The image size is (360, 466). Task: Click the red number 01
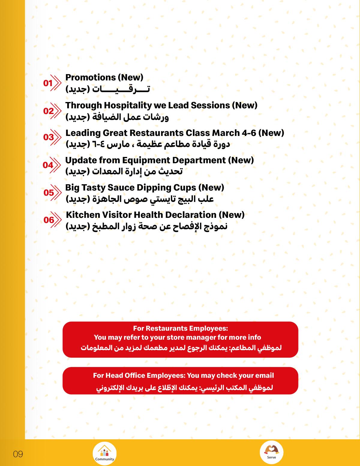point(48,83)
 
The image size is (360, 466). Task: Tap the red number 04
point(48,165)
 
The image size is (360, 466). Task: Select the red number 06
point(49,220)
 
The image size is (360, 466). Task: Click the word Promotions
point(90,77)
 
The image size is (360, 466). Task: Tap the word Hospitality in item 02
point(128,105)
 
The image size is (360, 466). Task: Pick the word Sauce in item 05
point(121,188)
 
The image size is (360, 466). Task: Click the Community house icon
point(105,453)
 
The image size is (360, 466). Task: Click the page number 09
point(18,454)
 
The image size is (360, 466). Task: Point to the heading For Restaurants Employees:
point(180,328)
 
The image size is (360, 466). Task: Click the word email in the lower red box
point(264,375)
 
